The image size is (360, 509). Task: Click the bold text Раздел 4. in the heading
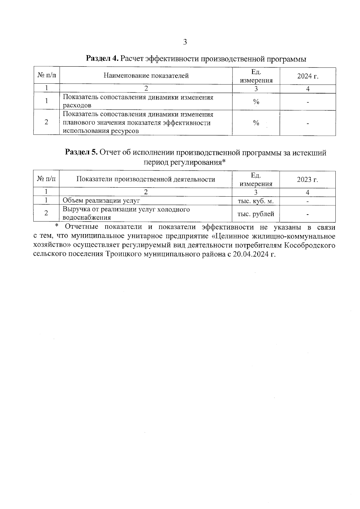[x=102, y=58]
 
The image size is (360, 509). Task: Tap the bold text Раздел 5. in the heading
[x=82, y=153]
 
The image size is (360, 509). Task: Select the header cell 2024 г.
[x=307, y=76]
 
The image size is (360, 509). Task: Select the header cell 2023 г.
[x=307, y=180]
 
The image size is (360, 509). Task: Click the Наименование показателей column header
[x=146, y=76]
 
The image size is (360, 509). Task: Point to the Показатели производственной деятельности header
[x=146, y=179]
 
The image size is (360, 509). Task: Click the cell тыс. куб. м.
[x=256, y=201]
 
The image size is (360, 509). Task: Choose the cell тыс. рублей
[x=256, y=214]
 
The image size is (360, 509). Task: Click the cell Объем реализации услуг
[x=101, y=201]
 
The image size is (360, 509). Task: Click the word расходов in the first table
[x=76, y=106]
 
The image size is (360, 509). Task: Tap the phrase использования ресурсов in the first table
[x=101, y=131]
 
